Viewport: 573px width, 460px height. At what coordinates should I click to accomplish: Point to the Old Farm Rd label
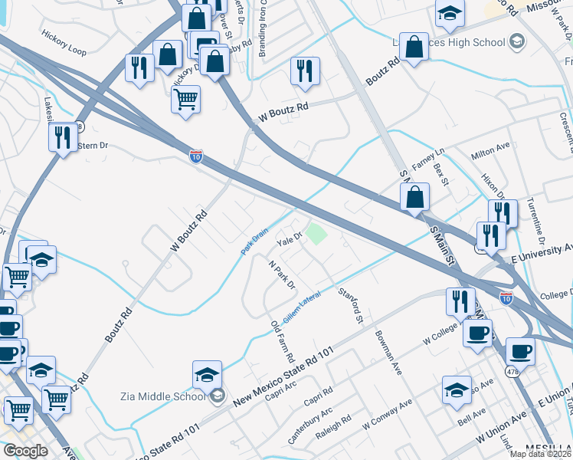(283, 341)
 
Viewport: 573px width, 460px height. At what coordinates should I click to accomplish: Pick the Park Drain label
(255, 240)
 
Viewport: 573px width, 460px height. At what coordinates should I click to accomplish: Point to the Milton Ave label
(490, 154)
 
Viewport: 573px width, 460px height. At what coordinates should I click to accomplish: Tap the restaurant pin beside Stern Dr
(61, 137)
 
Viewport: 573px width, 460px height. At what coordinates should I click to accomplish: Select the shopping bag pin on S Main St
(414, 197)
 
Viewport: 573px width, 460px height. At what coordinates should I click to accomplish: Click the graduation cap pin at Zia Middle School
(207, 375)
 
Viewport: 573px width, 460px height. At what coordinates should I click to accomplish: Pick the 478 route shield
(512, 371)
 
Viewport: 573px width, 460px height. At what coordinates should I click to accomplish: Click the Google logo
(25, 450)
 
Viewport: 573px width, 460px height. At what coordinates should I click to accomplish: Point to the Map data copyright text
(541, 454)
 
